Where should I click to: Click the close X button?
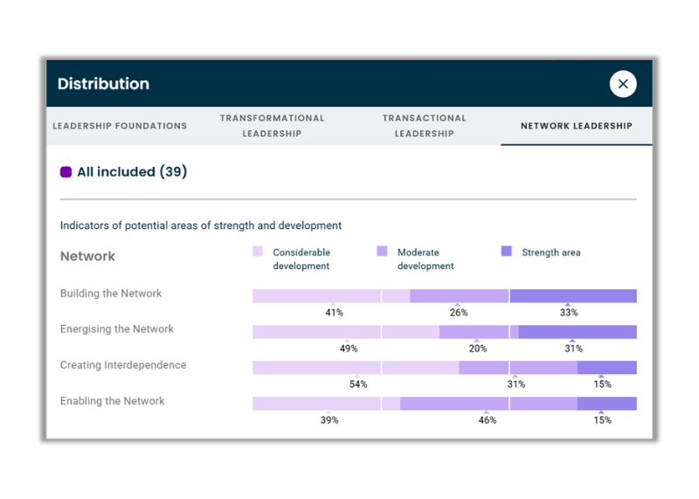623,84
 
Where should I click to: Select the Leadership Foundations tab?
120,126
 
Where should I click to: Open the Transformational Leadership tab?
272,126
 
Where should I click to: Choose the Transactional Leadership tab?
425,126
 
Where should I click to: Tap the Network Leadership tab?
577,126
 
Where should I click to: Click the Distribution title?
103,84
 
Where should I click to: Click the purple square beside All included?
66,172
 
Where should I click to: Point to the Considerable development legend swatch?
258,252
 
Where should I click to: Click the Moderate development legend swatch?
382,252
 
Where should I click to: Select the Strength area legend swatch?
507,252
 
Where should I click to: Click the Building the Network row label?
111,294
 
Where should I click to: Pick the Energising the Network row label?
117,329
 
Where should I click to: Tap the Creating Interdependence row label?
123,365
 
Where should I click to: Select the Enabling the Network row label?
113,401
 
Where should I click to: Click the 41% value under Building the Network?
334,313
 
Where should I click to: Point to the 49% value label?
349,349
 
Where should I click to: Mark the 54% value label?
358,385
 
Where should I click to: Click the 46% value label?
488,420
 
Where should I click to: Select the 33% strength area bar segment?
573,296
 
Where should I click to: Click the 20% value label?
478,349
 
